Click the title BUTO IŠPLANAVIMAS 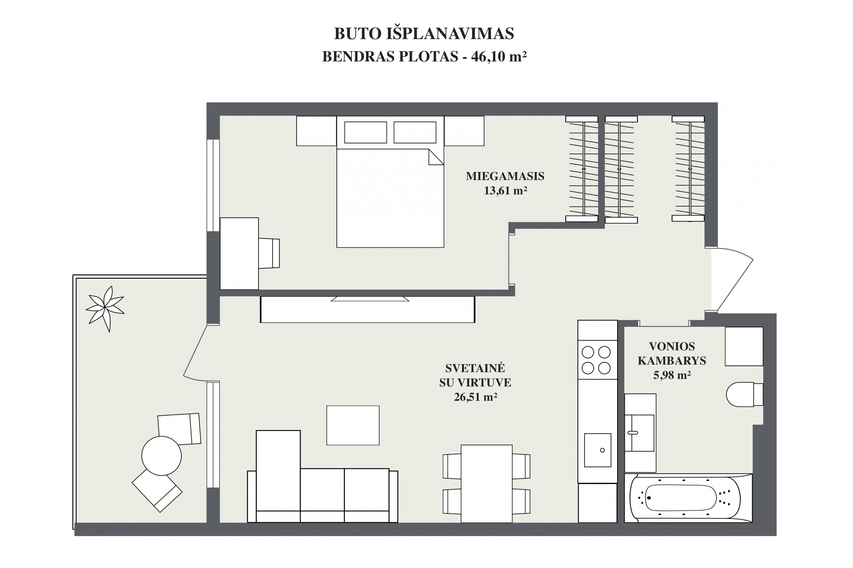click(424, 34)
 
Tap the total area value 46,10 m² click(499, 57)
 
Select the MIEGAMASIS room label click(505, 176)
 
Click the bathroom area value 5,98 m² click(672, 375)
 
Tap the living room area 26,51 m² click(475, 397)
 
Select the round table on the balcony click(161, 456)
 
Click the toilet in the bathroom click(745, 394)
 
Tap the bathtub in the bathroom click(688, 498)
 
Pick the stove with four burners click(597, 360)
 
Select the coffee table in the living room click(353, 425)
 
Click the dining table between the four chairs click(486, 483)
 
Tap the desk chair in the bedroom click(269, 253)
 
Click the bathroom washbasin click(640, 433)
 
